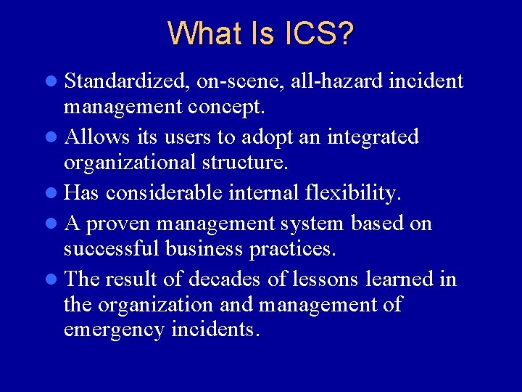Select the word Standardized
click(x=128, y=81)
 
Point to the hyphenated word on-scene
click(x=241, y=82)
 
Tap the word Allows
click(x=96, y=136)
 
